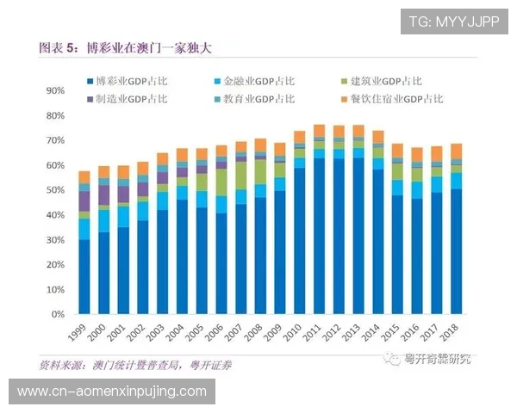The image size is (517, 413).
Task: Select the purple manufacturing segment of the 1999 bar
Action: tap(84, 200)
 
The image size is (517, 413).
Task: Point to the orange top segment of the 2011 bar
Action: tap(319, 131)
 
